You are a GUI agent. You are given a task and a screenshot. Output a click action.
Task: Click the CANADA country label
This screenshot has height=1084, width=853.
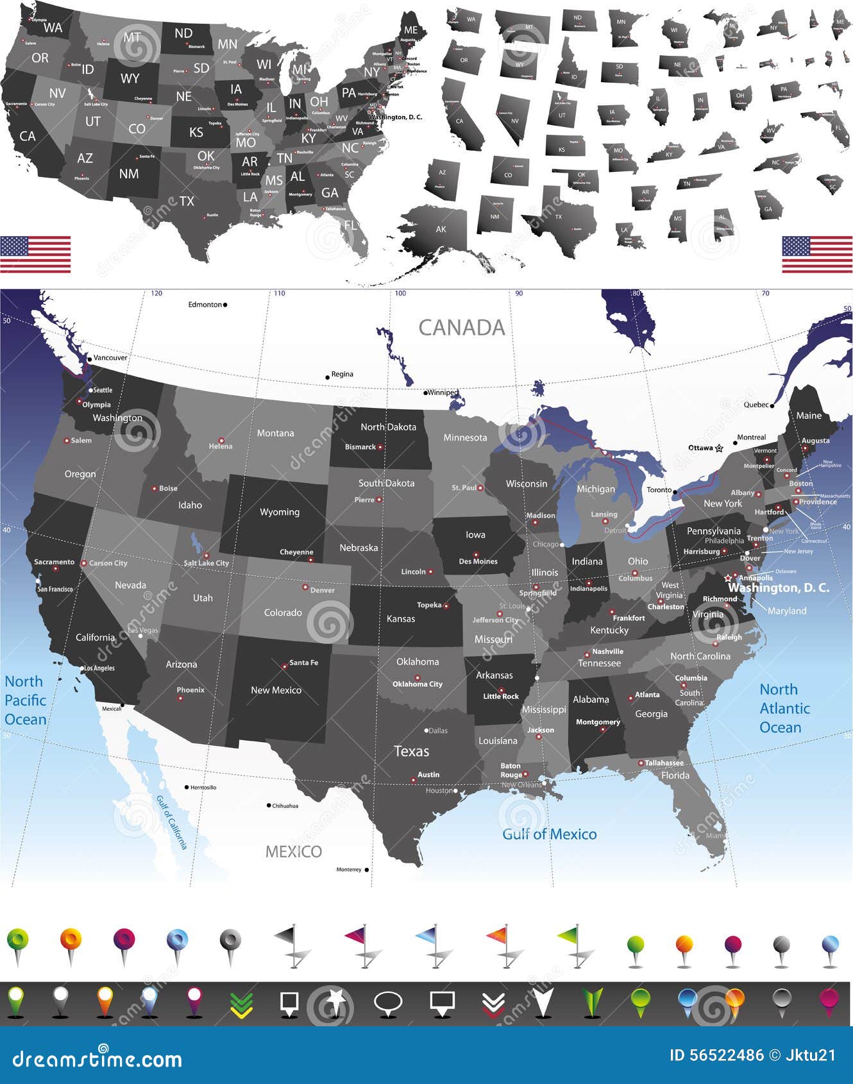coord(462,328)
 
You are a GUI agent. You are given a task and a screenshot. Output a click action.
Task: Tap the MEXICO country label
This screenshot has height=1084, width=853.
coord(294,851)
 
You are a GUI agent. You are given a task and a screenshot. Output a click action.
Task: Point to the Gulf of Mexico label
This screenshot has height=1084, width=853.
coord(549,834)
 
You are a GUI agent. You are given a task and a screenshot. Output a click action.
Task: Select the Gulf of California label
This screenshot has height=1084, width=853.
coord(172,822)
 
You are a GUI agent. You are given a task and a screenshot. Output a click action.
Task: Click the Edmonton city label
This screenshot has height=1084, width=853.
coord(205,305)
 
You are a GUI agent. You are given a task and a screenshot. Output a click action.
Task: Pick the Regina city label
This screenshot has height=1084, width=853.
coord(342,374)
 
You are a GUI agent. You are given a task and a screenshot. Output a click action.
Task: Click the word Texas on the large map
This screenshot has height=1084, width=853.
coord(411,751)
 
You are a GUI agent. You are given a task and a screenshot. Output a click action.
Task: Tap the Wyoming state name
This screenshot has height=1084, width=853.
coord(280,512)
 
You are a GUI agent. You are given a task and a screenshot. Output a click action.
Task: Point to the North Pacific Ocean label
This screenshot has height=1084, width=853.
coord(25,700)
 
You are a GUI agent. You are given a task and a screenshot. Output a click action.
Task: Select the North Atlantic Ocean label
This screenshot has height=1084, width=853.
coord(784,708)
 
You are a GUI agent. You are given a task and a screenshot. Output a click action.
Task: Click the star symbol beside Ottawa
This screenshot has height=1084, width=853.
coord(719,448)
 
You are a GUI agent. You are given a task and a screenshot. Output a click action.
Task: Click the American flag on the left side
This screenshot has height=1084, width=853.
coord(35,254)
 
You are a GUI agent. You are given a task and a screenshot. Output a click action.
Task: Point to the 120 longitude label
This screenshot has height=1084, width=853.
coord(156,293)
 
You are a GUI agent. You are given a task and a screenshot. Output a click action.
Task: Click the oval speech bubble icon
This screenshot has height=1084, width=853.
coord(388,1003)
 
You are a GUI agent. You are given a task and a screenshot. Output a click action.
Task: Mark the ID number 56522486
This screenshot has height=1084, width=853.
coord(716,1055)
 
